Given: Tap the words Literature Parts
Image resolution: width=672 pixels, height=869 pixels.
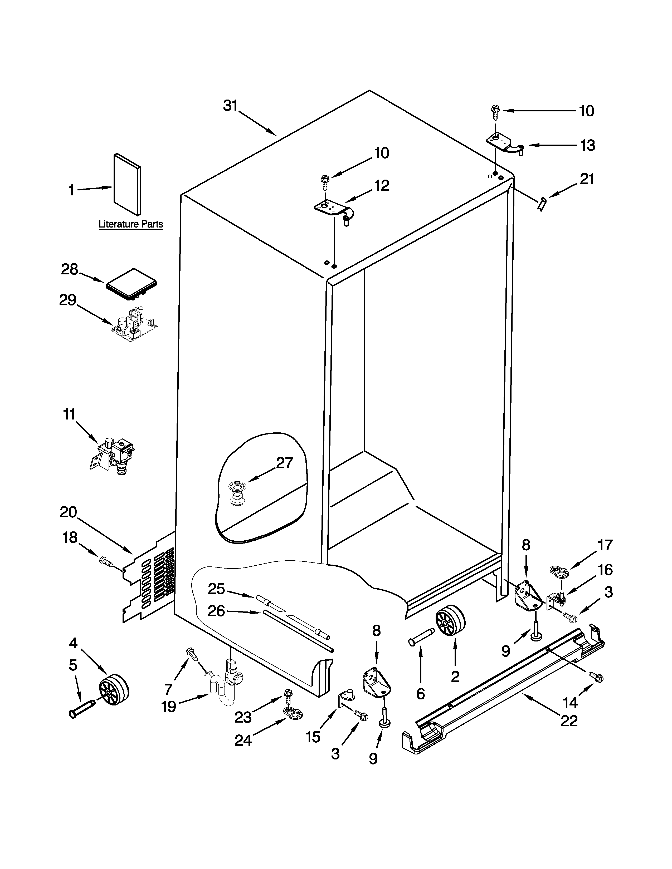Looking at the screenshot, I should (130, 224).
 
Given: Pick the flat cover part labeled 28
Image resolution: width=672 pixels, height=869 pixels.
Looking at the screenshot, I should (131, 283).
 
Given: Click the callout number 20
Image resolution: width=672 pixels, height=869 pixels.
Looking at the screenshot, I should (68, 512).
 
